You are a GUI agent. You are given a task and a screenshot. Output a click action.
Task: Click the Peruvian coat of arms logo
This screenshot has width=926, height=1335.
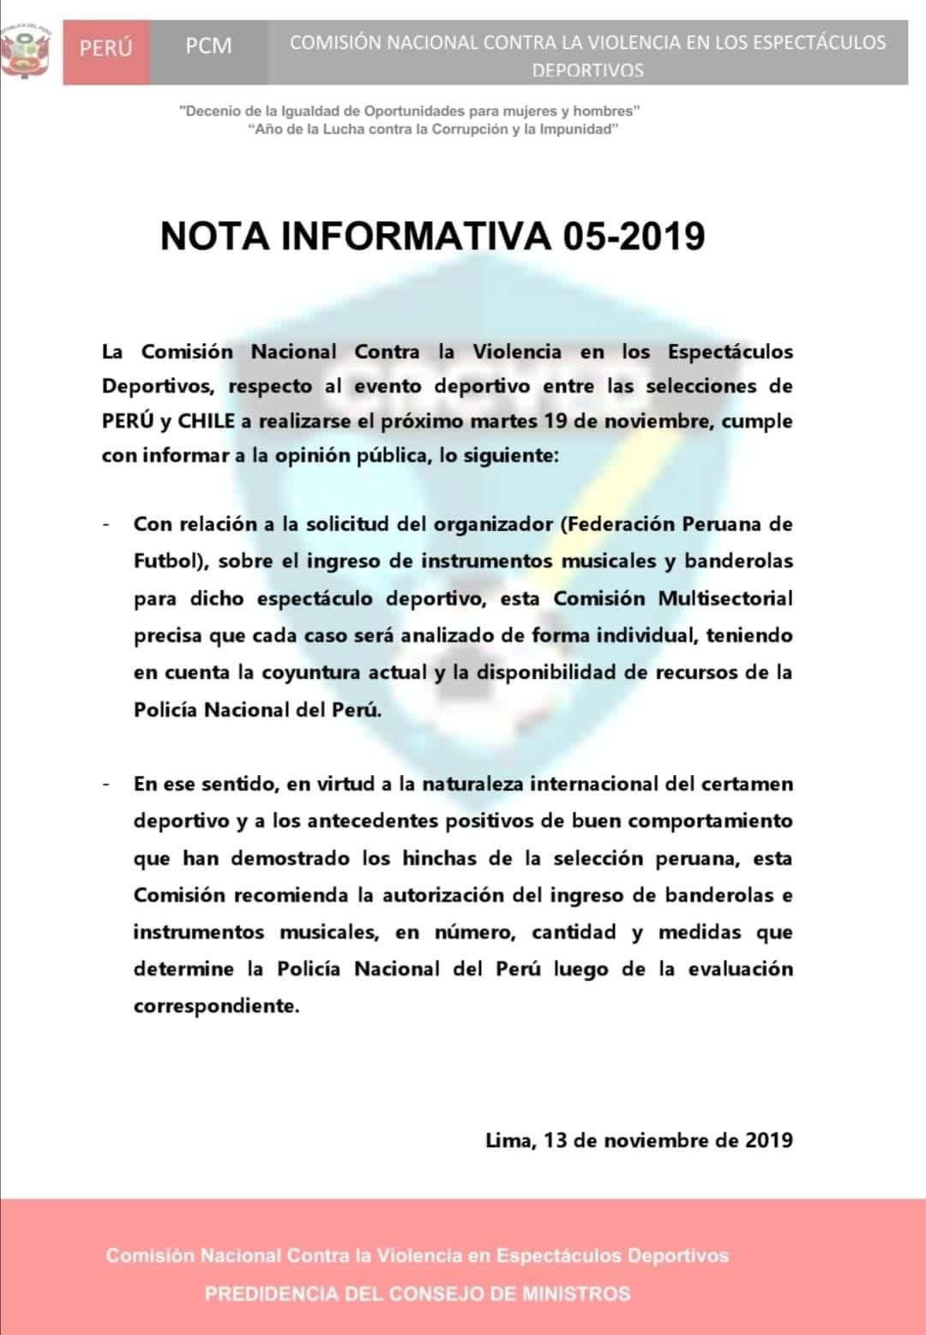tap(26, 50)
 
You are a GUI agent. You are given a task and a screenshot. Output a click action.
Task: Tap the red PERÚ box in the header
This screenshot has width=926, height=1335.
tap(106, 47)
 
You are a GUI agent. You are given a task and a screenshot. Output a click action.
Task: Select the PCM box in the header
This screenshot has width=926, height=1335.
tap(208, 47)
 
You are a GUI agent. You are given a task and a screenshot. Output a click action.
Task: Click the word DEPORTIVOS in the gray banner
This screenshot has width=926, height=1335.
tap(587, 71)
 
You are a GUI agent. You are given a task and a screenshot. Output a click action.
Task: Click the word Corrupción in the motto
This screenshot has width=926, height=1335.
tap(466, 129)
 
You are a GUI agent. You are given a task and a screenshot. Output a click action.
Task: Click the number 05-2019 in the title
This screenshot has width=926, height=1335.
tap(634, 236)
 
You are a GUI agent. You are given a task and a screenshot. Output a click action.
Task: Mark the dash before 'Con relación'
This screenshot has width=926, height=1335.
tap(106, 524)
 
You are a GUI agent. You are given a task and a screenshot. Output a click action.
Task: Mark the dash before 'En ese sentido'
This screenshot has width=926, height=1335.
tap(106, 784)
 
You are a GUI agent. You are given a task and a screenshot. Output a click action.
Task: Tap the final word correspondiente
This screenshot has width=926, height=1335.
tap(217, 1006)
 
